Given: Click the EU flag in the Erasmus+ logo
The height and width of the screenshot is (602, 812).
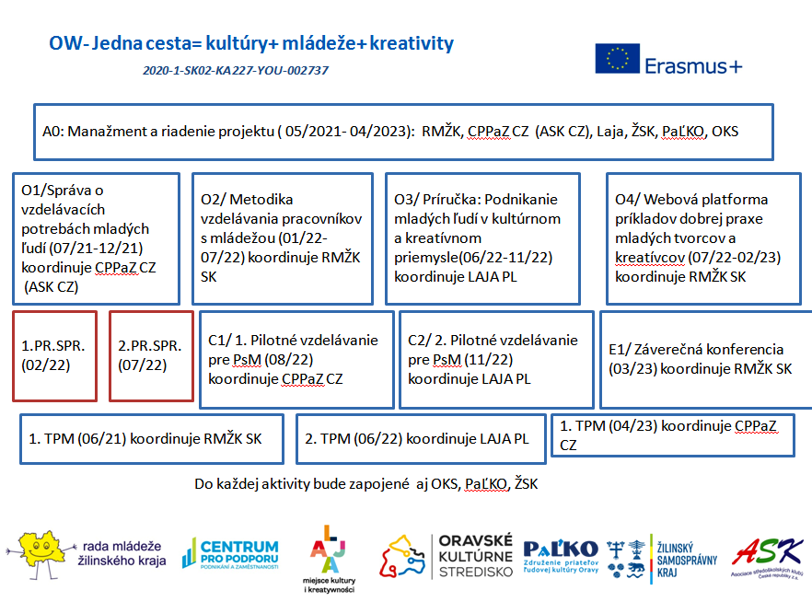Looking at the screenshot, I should [617, 60].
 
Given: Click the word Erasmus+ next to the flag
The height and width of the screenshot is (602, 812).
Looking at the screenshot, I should [693, 66].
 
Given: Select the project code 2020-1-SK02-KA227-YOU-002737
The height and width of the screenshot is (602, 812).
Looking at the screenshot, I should [237, 70].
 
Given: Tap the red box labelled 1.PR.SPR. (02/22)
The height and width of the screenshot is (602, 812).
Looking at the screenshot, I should [54, 356].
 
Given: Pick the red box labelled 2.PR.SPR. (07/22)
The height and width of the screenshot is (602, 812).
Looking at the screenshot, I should [151, 356].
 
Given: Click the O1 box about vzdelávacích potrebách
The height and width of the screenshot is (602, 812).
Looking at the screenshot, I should [97, 237].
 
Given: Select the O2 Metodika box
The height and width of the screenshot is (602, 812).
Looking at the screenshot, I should [282, 237].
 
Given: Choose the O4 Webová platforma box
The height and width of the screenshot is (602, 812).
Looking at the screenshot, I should [708, 237].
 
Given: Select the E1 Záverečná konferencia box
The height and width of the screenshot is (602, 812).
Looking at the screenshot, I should [705, 359].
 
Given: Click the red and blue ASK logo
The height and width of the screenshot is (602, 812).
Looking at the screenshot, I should [767, 556].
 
